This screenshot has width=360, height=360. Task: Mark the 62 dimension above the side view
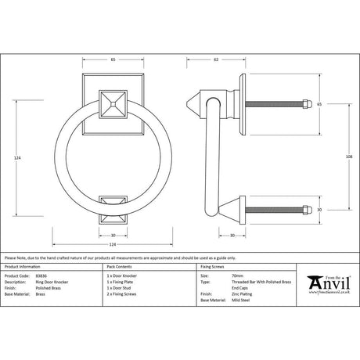click(214, 59)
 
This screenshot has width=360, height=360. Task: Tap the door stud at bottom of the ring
click(110, 204)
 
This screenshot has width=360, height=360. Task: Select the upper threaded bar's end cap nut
click(308, 104)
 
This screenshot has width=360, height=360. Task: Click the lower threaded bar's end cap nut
click(308, 209)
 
